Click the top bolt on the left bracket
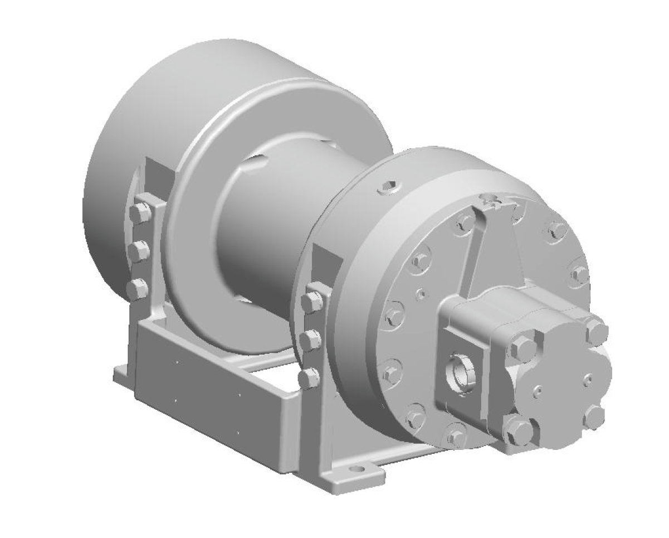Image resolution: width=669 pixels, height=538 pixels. tap(140, 212)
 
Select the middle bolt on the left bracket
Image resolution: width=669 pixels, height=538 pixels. tap(139, 251)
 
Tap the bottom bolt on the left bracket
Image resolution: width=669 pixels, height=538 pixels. tap(137, 289)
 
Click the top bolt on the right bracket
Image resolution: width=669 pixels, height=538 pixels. tap(313, 300)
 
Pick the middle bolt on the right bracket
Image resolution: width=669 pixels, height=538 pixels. tap(311, 339)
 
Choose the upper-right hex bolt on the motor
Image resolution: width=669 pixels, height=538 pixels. tap(597, 333)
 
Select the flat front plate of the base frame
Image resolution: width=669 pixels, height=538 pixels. tap(212, 401)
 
